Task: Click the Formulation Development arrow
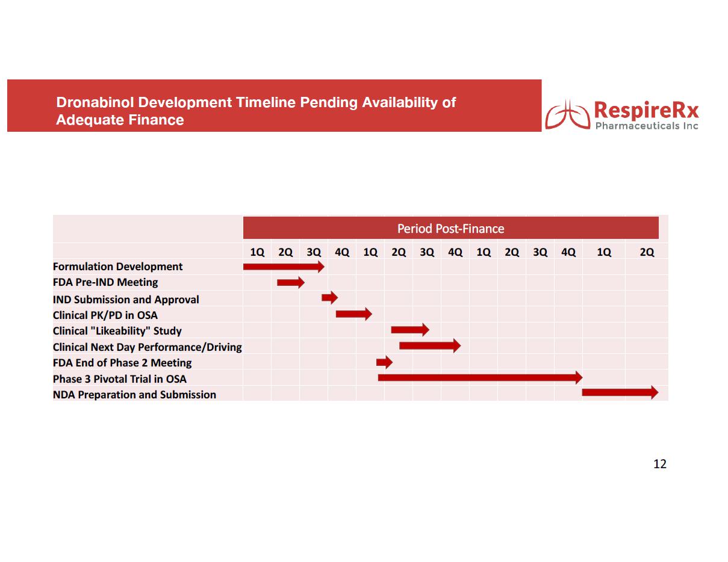(x=284, y=267)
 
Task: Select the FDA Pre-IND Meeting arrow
(x=291, y=282)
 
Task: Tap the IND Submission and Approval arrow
(x=329, y=297)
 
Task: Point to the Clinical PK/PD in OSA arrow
(x=353, y=313)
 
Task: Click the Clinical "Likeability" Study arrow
(x=409, y=330)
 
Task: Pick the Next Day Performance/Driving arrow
(x=429, y=345)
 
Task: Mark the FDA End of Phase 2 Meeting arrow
(x=384, y=362)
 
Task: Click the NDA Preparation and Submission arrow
(x=620, y=392)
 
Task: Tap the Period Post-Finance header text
(x=450, y=229)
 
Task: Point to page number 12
(x=660, y=464)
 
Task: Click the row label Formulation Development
(x=117, y=267)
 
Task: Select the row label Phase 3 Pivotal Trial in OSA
(x=120, y=379)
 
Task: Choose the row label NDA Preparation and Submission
(x=134, y=395)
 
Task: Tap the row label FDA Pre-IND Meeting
(x=105, y=282)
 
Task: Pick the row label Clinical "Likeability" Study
(x=117, y=331)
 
